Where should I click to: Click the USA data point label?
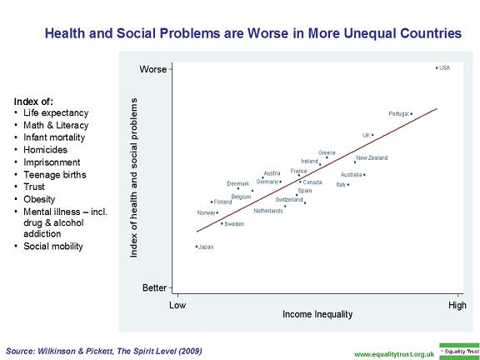(x=444, y=68)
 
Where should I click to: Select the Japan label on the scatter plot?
(x=206, y=247)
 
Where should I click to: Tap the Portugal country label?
(x=399, y=114)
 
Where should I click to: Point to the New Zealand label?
(x=372, y=158)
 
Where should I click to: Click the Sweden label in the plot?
(x=234, y=224)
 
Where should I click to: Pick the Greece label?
(x=327, y=153)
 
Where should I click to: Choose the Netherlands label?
(x=268, y=211)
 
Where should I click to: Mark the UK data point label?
(x=366, y=135)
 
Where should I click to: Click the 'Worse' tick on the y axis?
(x=152, y=69)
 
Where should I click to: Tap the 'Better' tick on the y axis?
(x=154, y=288)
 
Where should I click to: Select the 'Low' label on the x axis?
(x=177, y=306)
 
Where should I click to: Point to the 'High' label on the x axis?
(x=457, y=306)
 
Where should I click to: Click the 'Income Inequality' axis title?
(x=317, y=315)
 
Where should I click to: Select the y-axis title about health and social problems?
(x=134, y=179)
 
